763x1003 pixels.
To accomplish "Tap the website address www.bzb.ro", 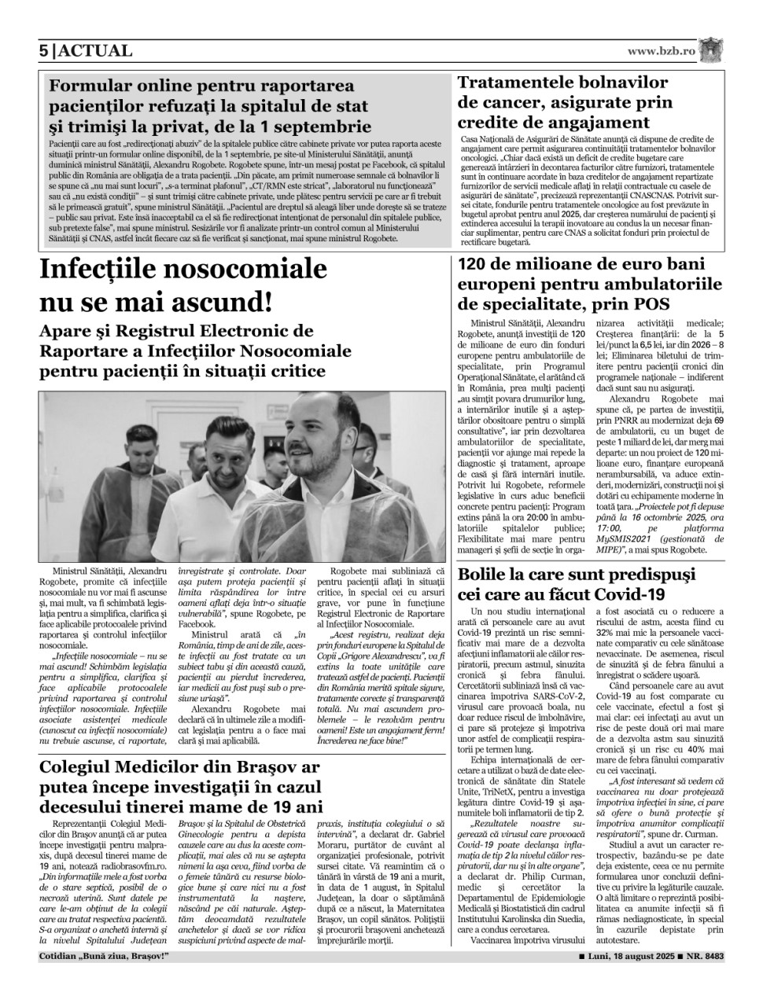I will click(x=662, y=51).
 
